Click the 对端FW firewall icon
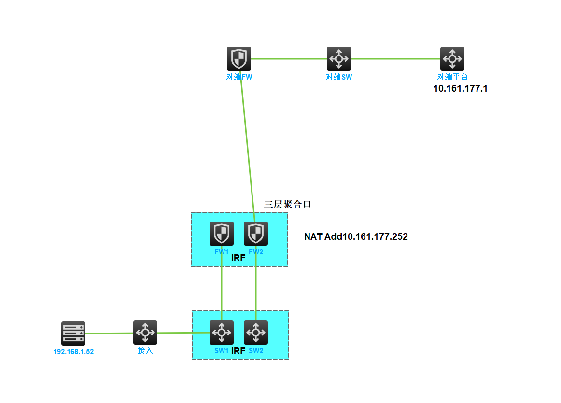239,59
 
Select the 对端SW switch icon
339,59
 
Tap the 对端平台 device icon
452,59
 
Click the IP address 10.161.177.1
460,89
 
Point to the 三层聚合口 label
288,204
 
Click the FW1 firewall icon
222,234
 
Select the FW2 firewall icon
256,234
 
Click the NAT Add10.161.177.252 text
356,237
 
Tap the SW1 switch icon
222,333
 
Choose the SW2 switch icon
256,333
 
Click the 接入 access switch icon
145,333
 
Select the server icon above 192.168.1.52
73,333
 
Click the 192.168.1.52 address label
73,352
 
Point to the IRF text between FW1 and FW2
238,258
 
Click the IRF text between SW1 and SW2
238,351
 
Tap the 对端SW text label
339,77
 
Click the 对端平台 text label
452,77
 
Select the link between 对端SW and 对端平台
396,59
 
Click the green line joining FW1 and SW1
222,290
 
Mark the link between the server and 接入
109,333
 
